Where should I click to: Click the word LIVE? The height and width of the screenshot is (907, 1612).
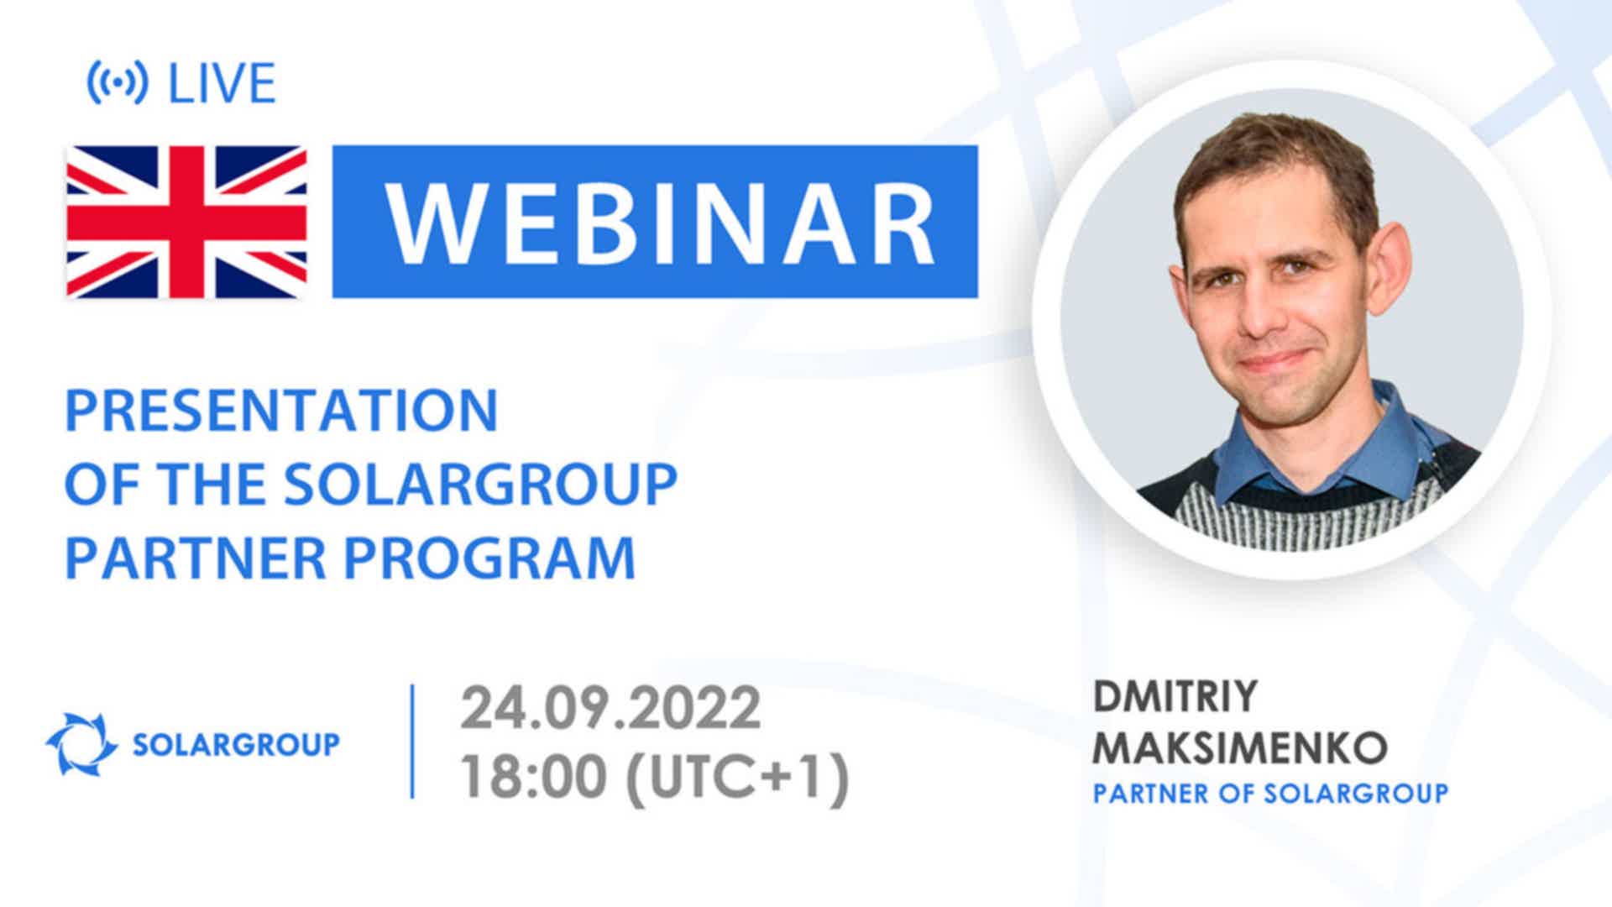(222, 83)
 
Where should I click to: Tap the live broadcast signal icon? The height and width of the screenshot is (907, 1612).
(118, 82)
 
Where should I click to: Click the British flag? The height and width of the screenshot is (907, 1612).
(186, 222)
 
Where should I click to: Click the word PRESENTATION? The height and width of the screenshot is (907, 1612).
(282, 411)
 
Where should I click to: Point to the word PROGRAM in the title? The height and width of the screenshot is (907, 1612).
(490, 558)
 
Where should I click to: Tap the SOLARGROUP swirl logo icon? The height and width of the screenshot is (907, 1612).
(81, 744)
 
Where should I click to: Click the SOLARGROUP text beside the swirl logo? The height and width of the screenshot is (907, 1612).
(237, 744)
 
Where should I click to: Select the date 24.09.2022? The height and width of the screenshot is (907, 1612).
(610, 708)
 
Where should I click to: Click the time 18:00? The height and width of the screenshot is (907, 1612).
(533, 777)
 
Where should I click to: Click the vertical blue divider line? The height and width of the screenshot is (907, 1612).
(412, 742)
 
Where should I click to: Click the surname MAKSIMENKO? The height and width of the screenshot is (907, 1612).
(1239, 747)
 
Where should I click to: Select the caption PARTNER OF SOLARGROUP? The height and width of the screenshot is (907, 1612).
(1270, 794)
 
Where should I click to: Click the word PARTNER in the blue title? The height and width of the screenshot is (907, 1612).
(196, 558)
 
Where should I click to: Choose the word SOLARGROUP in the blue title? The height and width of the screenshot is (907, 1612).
(480, 485)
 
